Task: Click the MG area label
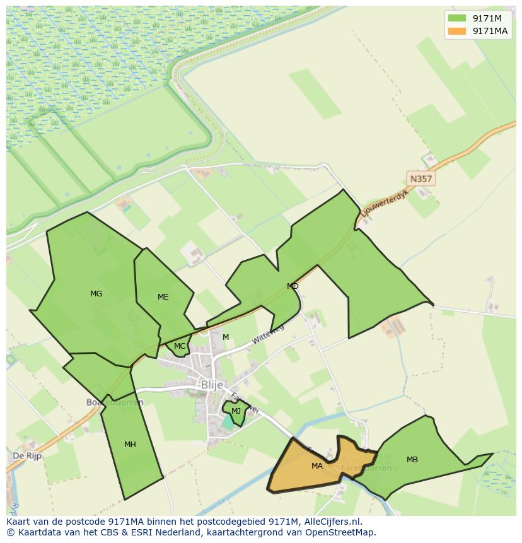coord(96,294)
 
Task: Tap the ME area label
coord(163,297)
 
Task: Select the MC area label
coord(180,346)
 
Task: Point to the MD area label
coord(293,286)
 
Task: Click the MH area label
coord(130,445)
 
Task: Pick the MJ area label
coord(236,411)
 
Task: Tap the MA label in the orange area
coord(317,466)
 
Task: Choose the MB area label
coord(412,460)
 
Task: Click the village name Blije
coord(212,384)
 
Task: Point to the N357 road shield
coord(420,179)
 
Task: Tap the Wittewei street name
coord(268,334)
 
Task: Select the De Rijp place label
coord(27,455)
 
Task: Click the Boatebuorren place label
coord(115,402)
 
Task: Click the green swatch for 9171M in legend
coord(457,18)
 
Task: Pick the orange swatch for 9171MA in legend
coord(457,31)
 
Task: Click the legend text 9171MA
coord(490,31)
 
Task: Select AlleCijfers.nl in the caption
coord(331,522)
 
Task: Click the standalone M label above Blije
coord(226,337)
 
